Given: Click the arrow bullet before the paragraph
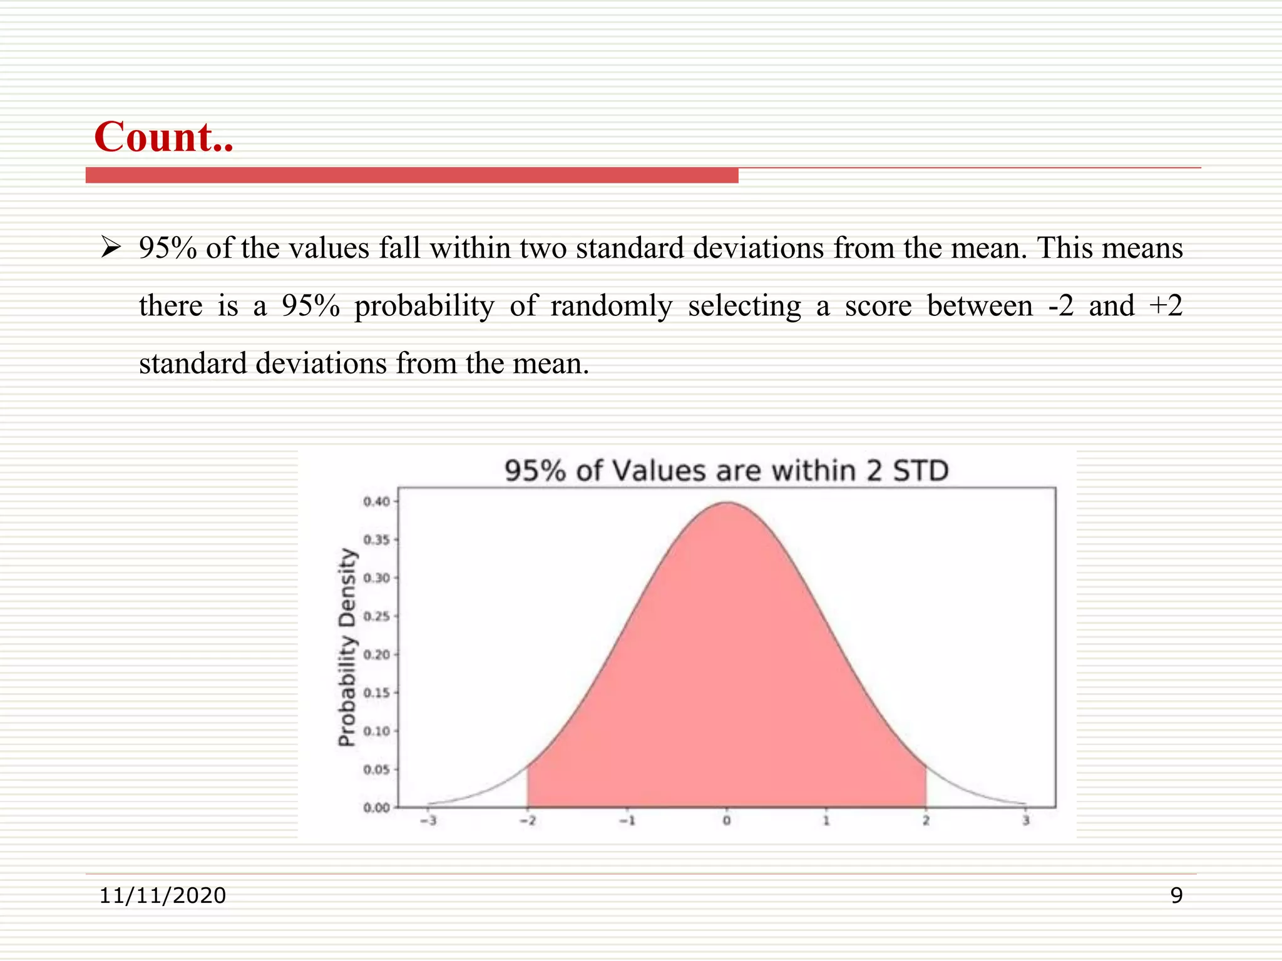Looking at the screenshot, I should [x=111, y=248].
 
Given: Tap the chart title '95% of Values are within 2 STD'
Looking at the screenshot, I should [x=727, y=471].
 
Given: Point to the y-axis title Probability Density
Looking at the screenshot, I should [x=347, y=648].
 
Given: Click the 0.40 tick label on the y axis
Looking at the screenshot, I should [x=376, y=502].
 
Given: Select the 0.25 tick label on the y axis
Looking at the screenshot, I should [x=376, y=617].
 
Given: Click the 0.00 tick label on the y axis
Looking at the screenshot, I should [x=376, y=808].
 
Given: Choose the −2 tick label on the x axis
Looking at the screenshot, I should [x=528, y=821].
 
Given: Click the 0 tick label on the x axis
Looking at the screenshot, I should [x=727, y=821].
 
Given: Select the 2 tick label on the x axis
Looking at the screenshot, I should [x=926, y=821].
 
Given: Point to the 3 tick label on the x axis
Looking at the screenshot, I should [x=1025, y=821].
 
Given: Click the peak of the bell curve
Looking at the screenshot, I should [x=727, y=503].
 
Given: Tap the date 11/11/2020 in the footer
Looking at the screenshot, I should [x=163, y=896].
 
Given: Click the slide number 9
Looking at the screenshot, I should [x=1176, y=896].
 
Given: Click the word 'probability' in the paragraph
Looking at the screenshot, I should [x=424, y=306].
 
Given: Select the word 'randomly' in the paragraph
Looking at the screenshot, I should [x=611, y=306].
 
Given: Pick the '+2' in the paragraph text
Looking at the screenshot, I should [x=1166, y=306].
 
